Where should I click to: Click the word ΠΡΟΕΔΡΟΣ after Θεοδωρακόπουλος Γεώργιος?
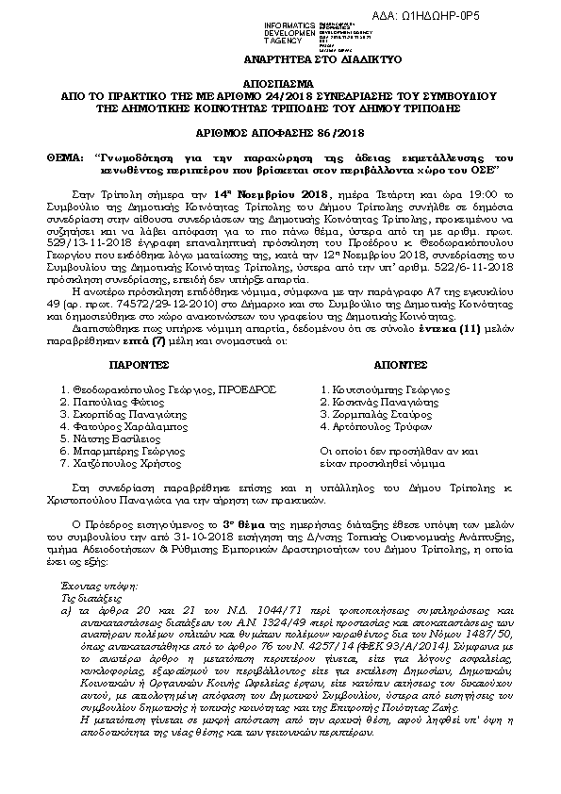(x=223, y=388)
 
